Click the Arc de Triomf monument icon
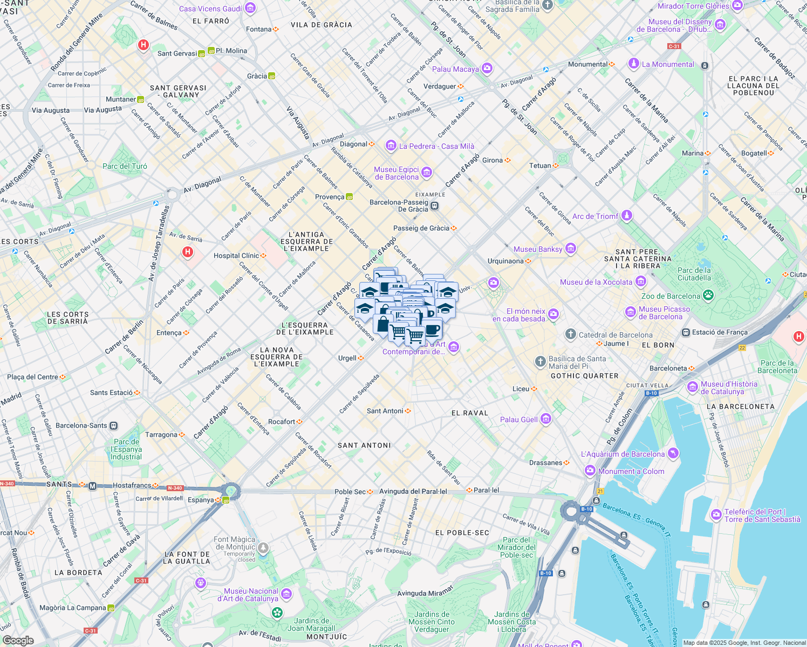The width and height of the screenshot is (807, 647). pyautogui.click(x=626, y=216)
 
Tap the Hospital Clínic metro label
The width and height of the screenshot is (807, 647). pyautogui.click(x=236, y=256)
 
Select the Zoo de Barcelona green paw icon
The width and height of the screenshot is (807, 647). pyautogui.click(x=708, y=295)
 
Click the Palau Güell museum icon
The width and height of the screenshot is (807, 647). pyautogui.click(x=546, y=419)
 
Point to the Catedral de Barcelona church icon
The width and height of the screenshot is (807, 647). pyautogui.click(x=570, y=334)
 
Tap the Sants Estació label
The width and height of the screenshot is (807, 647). pyautogui.click(x=111, y=393)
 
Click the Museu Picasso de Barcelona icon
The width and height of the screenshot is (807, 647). pyautogui.click(x=630, y=312)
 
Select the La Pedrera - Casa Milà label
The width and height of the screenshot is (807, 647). pyautogui.click(x=436, y=146)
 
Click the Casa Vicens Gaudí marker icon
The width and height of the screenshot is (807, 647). pyautogui.click(x=250, y=8)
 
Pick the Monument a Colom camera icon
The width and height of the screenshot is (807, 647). pyautogui.click(x=590, y=471)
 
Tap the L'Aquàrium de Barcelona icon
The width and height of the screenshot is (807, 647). pyautogui.click(x=673, y=453)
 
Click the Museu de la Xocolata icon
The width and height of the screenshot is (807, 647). pyautogui.click(x=640, y=281)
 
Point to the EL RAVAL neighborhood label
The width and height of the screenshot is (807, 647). pyautogui.click(x=469, y=413)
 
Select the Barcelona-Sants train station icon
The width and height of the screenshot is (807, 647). pyautogui.click(x=113, y=425)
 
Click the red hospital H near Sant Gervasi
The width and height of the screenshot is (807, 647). pyautogui.click(x=143, y=45)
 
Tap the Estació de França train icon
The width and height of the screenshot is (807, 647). pyautogui.click(x=686, y=332)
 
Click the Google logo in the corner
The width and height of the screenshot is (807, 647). pyautogui.click(x=18, y=640)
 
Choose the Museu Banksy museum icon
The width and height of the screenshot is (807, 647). pyautogui.click(x=571, y=249)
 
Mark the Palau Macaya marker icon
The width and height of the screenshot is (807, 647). pyautogui.click(x=487, y=68)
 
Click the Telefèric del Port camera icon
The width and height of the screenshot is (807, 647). pyautogui.click(x=716, y=515)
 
